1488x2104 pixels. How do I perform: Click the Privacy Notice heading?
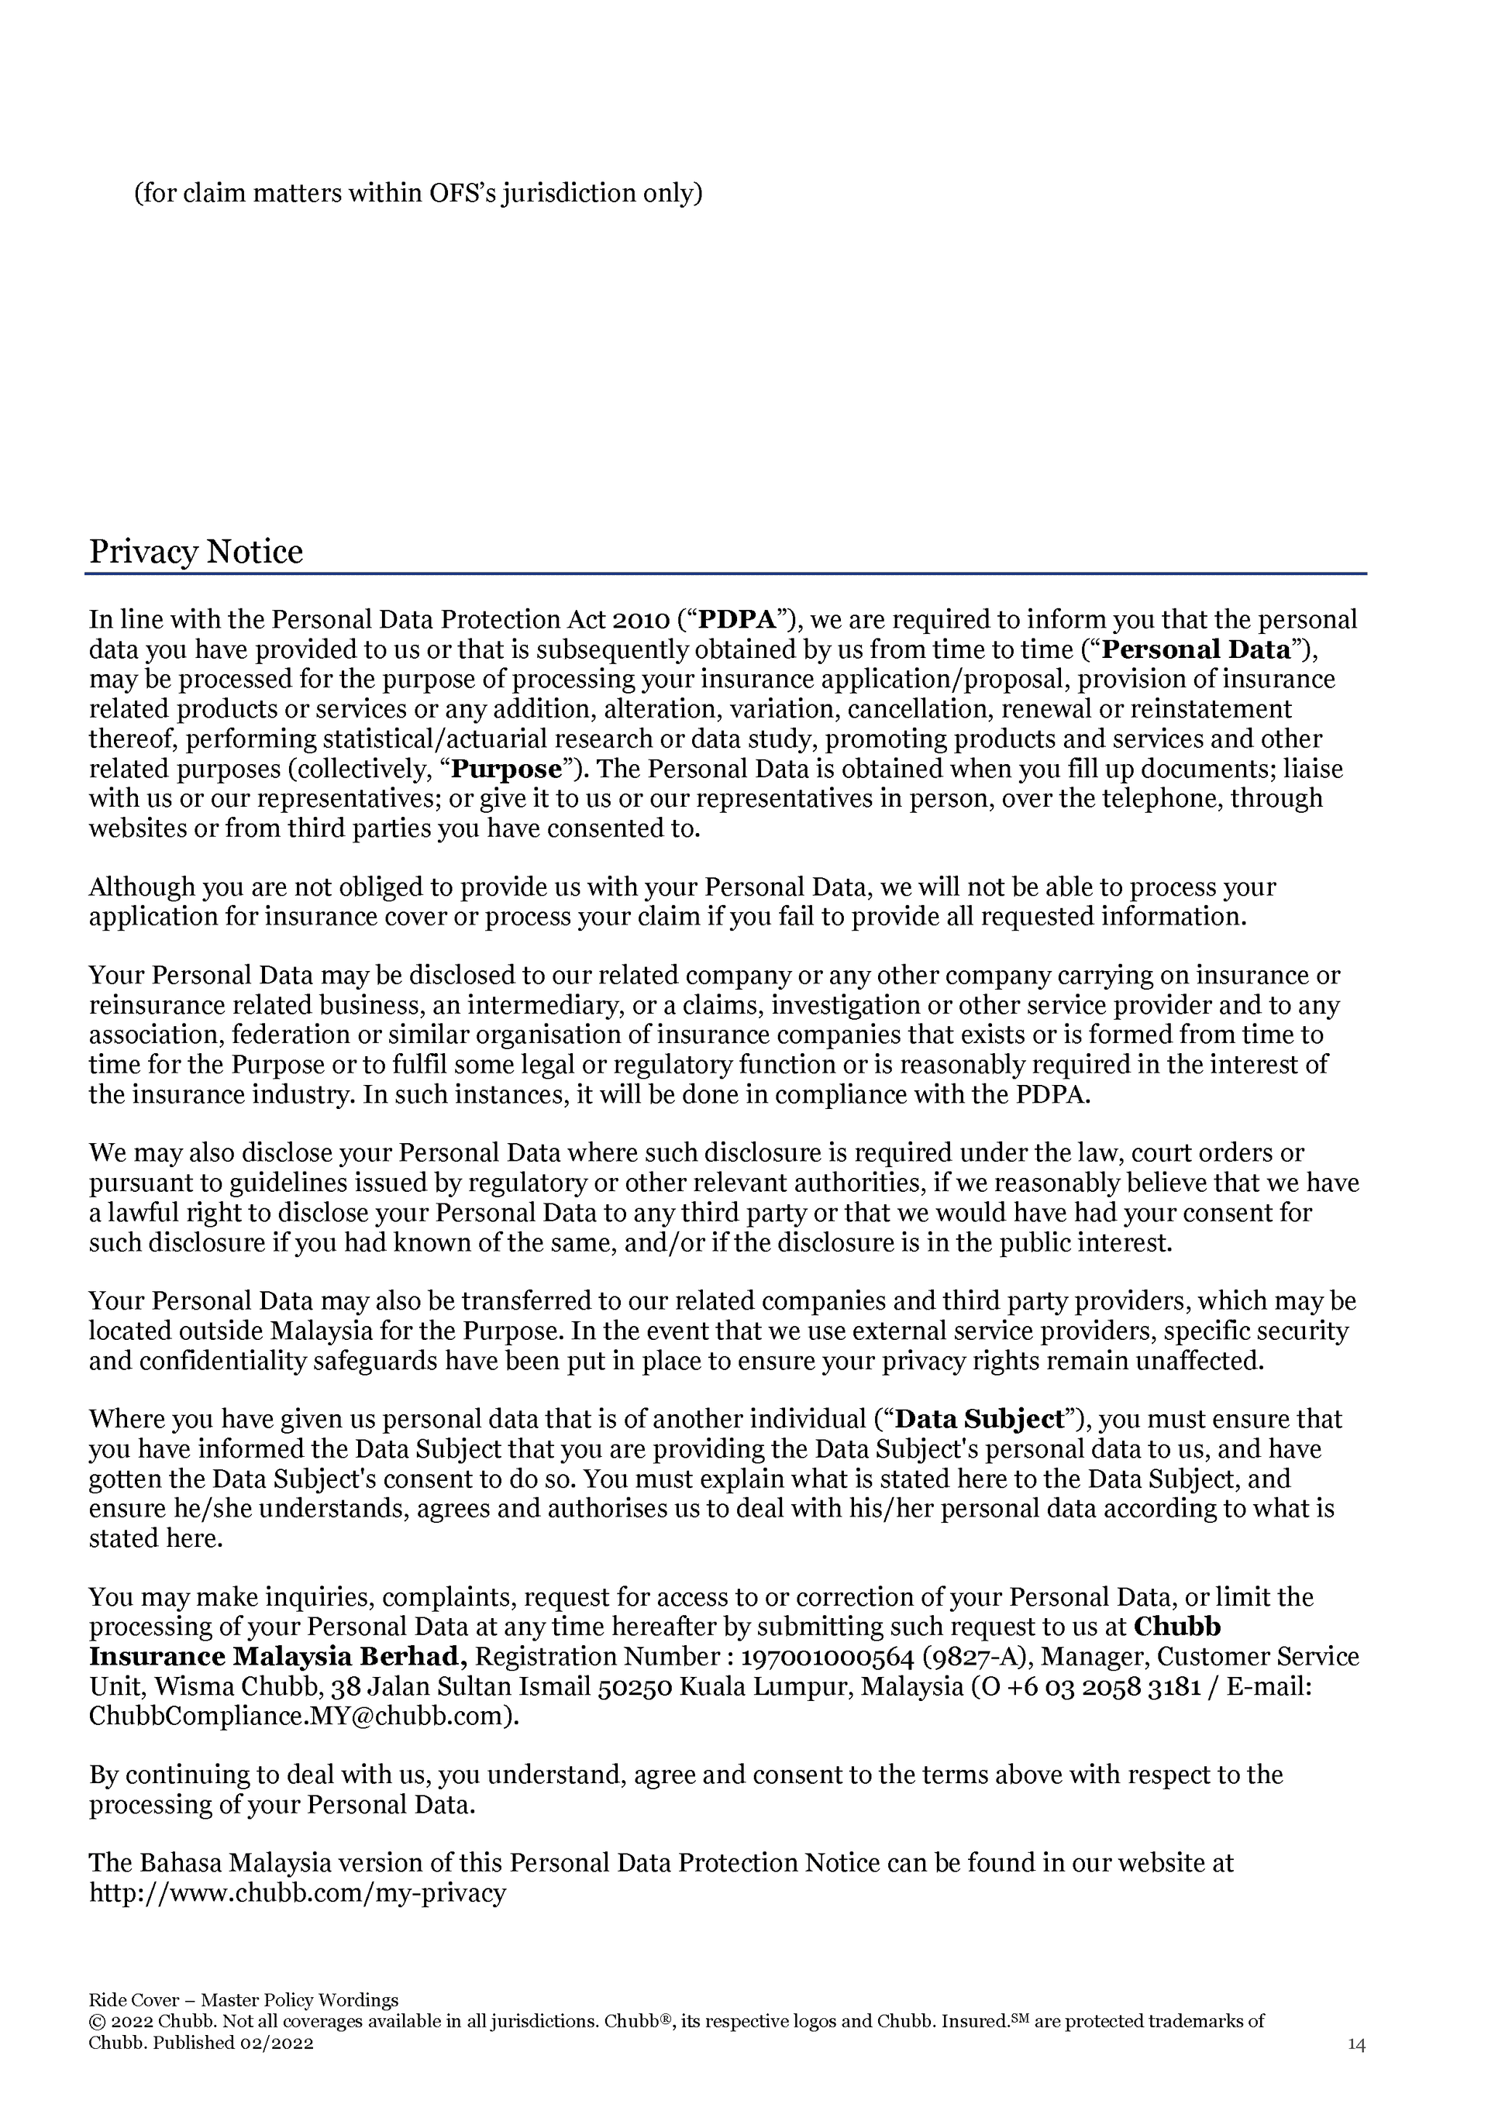195,552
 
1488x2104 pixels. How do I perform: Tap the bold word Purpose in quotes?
507,769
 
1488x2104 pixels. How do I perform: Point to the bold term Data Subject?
979,1420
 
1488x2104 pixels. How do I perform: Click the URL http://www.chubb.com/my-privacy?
297,1893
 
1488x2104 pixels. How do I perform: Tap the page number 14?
1356,2044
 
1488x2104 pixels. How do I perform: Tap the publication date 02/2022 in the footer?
277,2043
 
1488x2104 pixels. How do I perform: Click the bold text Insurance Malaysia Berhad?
277,1657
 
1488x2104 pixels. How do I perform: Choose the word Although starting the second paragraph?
142,887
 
